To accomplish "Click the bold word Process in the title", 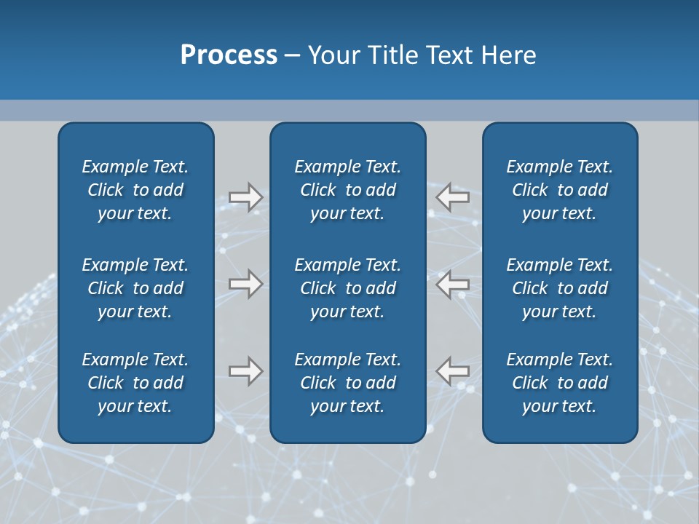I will coord(229,55).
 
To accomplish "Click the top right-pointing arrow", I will coord(245,197).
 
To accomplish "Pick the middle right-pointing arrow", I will coord(245,284).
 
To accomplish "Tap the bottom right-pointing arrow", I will coord(245,371).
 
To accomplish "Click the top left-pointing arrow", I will coord(453,197).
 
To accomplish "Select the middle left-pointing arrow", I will coord(453,284).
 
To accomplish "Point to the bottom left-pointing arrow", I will coord(453,371).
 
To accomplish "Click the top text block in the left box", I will coord(135,190).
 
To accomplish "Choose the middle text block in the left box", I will coord(135,288).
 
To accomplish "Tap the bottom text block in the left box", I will coord(135,383).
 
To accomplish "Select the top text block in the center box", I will coord(347,190).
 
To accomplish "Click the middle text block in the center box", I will coord(347,288).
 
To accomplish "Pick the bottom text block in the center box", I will coord(347,383).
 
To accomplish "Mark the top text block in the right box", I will coord(559,190).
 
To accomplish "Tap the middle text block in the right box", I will coord(559,288).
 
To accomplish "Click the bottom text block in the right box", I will coord(559,383).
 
